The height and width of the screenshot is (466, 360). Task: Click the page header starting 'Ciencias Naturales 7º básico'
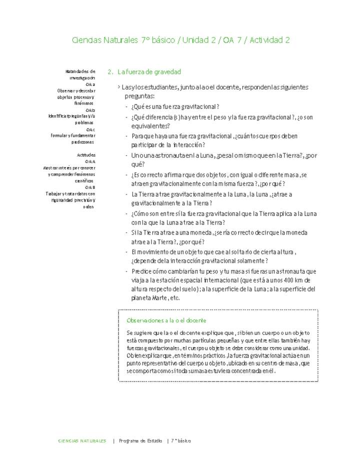pyautogui.click(x=181, y=40)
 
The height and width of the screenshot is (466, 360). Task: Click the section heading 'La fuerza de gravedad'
pyautogui.click(x=149, y=72)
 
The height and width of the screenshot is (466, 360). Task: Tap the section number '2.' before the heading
pyautogui.click(x=111, y=72)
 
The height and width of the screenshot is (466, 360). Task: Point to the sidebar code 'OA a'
pyautogui.click(x=90, y=84)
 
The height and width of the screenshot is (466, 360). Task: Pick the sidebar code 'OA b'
pyautogui.click(x=90, y=109)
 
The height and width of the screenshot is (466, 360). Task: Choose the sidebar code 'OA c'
pyautogui.click(x=90, y=129)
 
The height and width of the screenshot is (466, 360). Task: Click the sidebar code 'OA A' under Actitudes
pyautogui.click(x=90, y=161)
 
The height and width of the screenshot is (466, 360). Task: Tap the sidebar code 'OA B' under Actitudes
pyautogui.click(x=90, y=187)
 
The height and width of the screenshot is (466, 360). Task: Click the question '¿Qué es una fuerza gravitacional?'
pyautogui.click(x=175, y=107)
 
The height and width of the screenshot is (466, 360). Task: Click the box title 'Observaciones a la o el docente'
pyautogui.click(x=166, y=320)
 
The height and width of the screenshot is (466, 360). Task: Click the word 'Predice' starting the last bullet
pyautogui.click(x=140, y=271)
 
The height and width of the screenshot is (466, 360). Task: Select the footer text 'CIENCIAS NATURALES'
pyautogui.click(x=82, y=440)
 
